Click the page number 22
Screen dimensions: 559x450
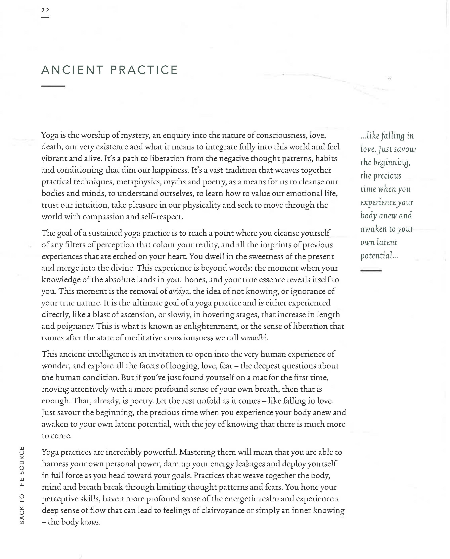pyautogui.click(x=45, y=10)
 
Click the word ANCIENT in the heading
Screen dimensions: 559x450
pyautogui.click(x=72, y=70)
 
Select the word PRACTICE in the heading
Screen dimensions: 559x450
pyautogui.click(x=144, y=70)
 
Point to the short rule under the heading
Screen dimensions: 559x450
pyautogui.click(x=53, y=86)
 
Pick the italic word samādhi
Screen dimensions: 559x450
pyautogui.click(x=253, y=338)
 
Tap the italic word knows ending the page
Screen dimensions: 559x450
pyautogui.click(x=90, y=522)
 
